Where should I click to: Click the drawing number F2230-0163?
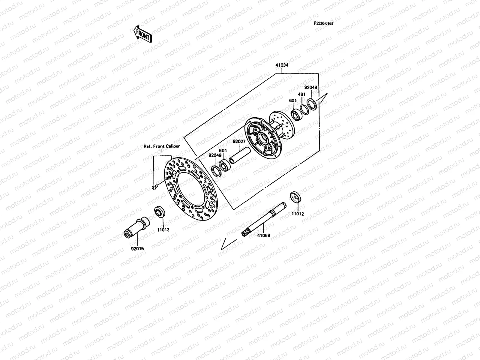[323, 23]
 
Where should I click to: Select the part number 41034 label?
[282, 65]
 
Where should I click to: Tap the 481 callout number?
[302, 94]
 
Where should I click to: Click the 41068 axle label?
[263, 235]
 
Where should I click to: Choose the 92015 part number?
[137, 249]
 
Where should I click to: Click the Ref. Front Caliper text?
[162, 146]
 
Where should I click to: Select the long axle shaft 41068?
[264, 220]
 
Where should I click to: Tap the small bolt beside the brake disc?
[154, 187]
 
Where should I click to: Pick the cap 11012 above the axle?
[296, 197]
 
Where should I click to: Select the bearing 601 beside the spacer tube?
[223, 166]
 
